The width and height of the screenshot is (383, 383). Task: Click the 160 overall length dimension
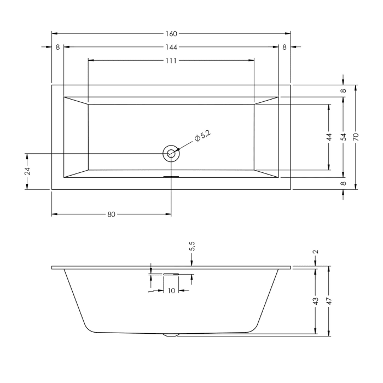(x=171, y=34)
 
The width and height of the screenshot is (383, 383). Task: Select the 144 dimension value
(x=171, y=48)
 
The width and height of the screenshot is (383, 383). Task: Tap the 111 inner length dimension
(x=171, y=60)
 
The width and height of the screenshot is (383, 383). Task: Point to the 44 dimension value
(x=329, y=137)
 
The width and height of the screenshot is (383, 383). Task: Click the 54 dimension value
(x=343, y=137)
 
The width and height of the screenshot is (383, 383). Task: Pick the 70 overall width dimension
(x=356, y=137)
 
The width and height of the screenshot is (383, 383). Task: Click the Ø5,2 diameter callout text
(x=202, y=135)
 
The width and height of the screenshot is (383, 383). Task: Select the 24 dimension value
(x=27, y=171)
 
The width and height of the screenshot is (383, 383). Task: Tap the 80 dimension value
(x=111, y=214)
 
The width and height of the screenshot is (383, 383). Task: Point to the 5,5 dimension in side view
(x=192, y=248)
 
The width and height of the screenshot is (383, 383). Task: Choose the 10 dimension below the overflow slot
(x=171, y=291)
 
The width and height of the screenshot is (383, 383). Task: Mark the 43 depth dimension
(x=315, y=301)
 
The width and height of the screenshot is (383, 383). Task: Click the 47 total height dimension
(x=329, y=301)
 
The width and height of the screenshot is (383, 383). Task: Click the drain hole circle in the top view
(x=171, y=154)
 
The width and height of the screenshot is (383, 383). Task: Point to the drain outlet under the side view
(x=171, y=335)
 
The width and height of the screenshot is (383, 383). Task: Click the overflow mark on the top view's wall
(x=171, y=177)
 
